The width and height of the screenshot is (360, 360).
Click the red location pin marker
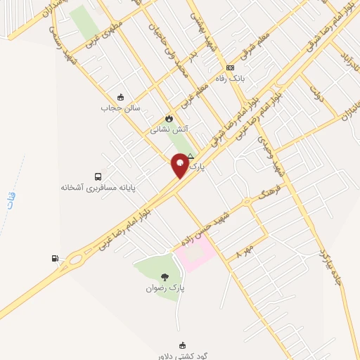tap(180, 165)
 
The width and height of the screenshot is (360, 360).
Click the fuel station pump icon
tap(55, 258)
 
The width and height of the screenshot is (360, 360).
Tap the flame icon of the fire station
tap(168, 118)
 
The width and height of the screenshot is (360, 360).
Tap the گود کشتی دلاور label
tap(184, 356)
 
